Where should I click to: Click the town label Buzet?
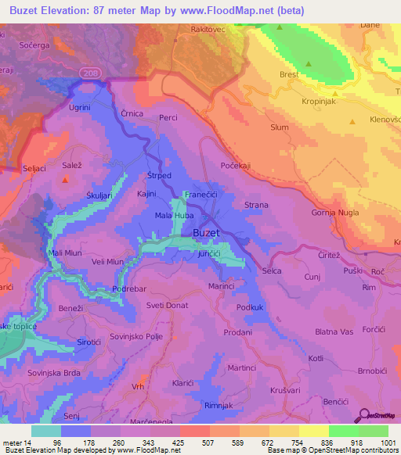tap(206, 233)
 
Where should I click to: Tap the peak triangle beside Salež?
tap(66, 179)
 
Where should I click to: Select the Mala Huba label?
tap(174, 216)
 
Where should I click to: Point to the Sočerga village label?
tap(33, 48)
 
